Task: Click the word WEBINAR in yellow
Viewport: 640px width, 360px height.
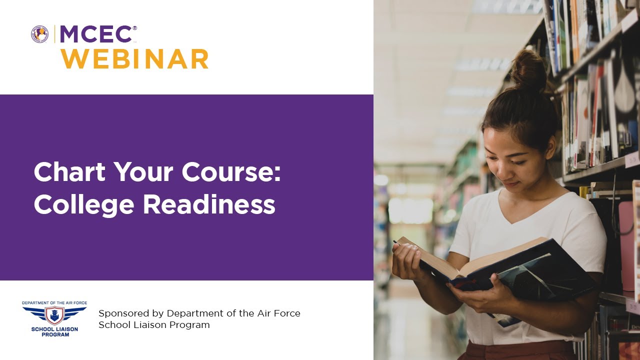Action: pyautogui.click(x=134, y=59)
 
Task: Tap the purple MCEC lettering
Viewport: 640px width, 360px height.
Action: pyautogui.click(x=95, y=34)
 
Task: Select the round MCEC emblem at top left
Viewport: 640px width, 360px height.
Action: pyautogui.click(x=40, y=34)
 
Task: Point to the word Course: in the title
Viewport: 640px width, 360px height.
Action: pyautogui.click(x=231, y=172)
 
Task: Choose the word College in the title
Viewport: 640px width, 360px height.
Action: pyautogui.click(x=84, y=205)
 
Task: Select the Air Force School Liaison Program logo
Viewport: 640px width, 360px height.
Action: pyautogui.click(x=54, y=318)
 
